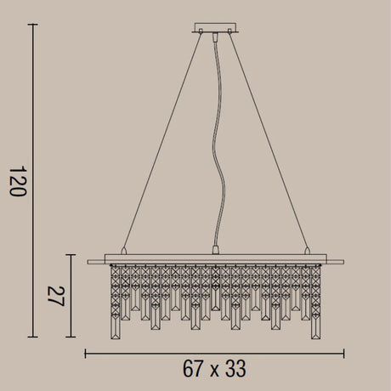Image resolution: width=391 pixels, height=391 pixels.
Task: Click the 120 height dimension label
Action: coord(18,181)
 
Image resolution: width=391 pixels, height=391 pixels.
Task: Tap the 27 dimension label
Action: coord(56,296)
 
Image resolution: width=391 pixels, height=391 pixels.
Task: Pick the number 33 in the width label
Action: coord(235,368)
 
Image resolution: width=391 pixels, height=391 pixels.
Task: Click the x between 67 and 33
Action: coord(214,371)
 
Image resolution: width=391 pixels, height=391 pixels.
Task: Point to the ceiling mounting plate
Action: coord(215,27)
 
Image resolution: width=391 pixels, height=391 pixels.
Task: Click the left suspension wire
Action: coord(162,141)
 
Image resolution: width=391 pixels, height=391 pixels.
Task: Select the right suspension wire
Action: coord(269,141)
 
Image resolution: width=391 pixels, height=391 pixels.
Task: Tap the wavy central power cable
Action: coord(219,142)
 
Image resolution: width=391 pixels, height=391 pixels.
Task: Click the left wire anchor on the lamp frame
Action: coord(123,251)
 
